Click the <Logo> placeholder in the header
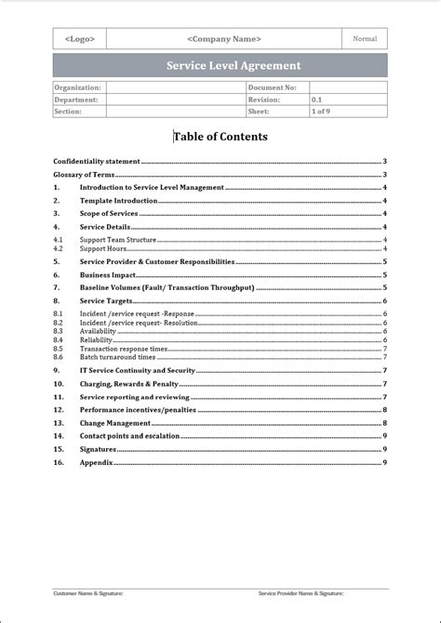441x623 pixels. point(79,39)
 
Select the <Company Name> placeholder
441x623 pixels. point(224,39)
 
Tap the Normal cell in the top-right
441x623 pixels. point(365,39)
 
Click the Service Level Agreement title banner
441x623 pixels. point(220,66)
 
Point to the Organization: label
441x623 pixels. point(77,87)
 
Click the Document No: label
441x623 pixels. point(272,87)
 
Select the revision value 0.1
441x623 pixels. point(317,99)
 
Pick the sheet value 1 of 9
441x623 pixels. point(321,112)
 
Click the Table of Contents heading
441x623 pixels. point(220,137)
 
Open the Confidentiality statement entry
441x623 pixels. point(97,161)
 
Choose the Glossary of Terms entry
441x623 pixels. point(84,174)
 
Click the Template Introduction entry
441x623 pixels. point(118,200)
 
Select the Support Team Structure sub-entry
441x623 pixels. point(117,240)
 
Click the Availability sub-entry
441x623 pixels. point(98,331)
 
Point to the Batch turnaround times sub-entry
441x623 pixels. point(117,357)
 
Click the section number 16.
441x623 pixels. point(59,462)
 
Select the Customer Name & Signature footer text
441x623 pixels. point(87,592)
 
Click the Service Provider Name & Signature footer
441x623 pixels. point(301,592)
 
